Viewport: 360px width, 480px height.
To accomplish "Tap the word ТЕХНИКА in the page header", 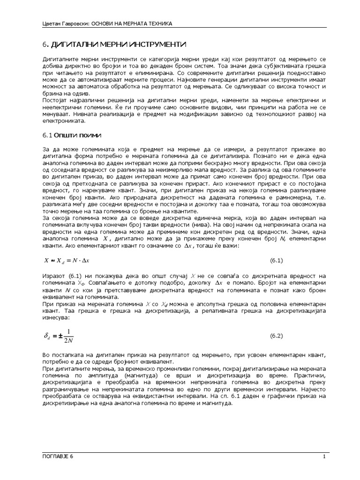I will [157, 23].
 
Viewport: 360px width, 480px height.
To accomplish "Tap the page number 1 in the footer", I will [324, 457].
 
